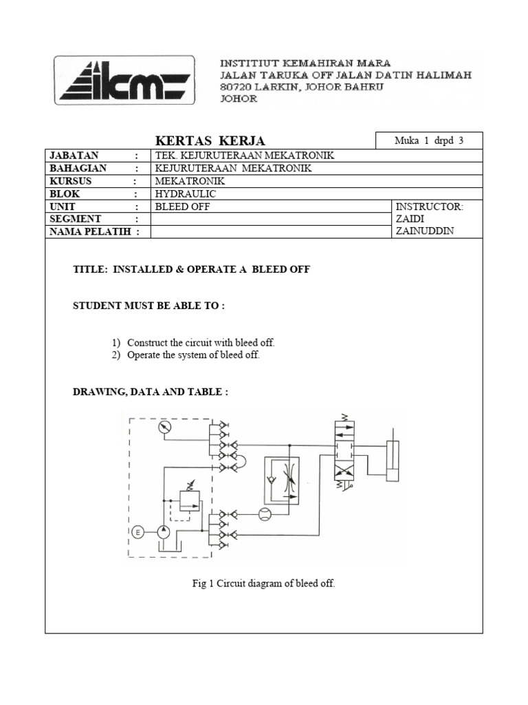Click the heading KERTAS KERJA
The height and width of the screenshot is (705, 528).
coord(211,141)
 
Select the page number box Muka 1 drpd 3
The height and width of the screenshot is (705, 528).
coord(429,140)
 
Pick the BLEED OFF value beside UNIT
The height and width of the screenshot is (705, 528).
coord(182,207)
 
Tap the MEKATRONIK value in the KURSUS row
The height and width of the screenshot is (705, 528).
coord(185,181)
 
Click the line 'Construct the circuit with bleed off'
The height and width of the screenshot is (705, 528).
coord(201,342)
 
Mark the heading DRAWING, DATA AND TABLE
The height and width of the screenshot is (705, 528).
coord(151,392)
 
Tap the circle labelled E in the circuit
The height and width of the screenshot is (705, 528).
coord(137,532)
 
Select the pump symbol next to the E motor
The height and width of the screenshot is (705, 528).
coord(163,532)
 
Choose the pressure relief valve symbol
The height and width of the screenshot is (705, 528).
coord(188,501)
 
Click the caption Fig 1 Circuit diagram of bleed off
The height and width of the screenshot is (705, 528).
coord(263,584)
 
